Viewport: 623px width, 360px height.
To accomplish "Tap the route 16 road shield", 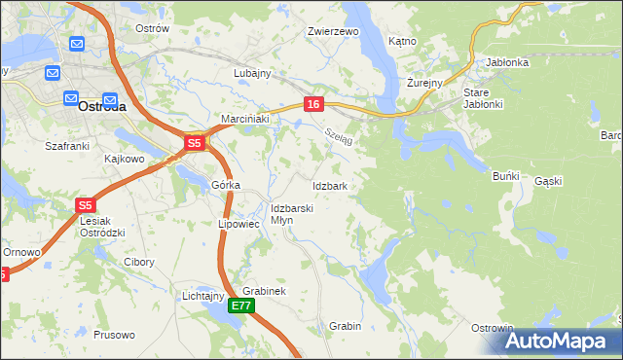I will (312, 104).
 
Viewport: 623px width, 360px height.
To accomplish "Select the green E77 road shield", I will (242, 306).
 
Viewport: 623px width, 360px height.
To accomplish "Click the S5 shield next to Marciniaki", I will (194, 143).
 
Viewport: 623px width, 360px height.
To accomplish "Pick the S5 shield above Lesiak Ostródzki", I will (85, 205).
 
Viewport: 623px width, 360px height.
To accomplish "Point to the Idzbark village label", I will (330, 185).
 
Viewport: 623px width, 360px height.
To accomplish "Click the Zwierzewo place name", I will (334, 31).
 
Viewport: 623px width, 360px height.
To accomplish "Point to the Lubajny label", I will (251, 73).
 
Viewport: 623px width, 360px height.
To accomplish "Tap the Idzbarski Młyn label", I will (291, 214).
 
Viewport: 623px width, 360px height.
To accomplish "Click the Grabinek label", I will (264, 291).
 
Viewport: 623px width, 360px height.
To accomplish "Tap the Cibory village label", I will (140, 262).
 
